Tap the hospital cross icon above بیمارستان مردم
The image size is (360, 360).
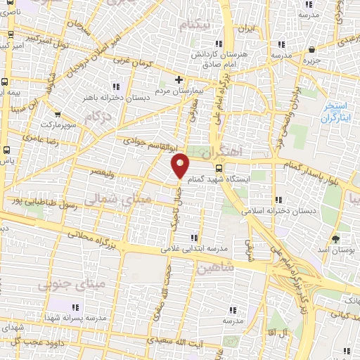(x=179, y=79)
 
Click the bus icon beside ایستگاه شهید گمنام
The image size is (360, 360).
(x=219, y=168)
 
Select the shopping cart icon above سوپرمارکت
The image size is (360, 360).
(x=57, y=115)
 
